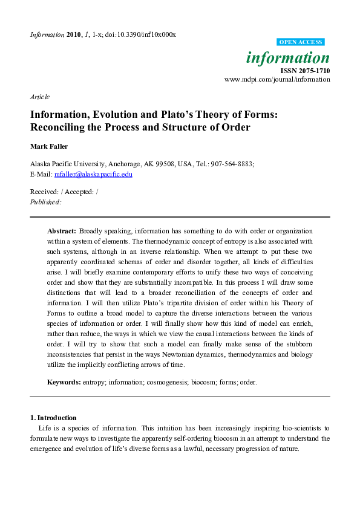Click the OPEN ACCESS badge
(x=301, y=42)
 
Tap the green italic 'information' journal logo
(x=288, y=58)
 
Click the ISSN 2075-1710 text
(x=306, y=71)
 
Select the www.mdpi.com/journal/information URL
(x=277, y=79)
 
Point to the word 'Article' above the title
(x=39, y=97)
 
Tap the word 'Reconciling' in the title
(x=59, y=127)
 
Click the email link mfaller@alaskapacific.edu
(x=93, y=174)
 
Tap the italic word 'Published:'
(x=45, y=202)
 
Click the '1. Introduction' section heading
(x=53, y=417)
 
